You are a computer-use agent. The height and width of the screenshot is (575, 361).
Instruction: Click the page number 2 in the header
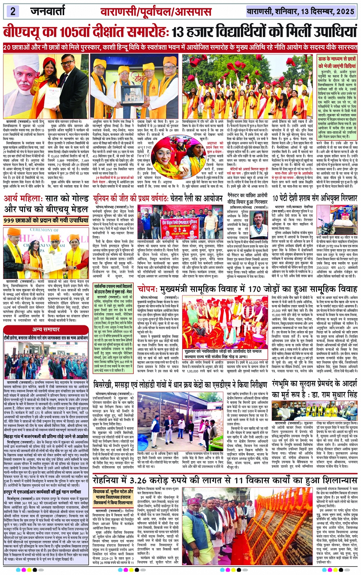(13, 11)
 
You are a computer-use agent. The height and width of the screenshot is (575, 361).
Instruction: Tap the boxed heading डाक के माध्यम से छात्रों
(337, 59)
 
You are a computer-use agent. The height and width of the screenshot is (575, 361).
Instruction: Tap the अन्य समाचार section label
(45, 329)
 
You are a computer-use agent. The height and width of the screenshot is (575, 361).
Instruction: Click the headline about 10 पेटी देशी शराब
(315, 198)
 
